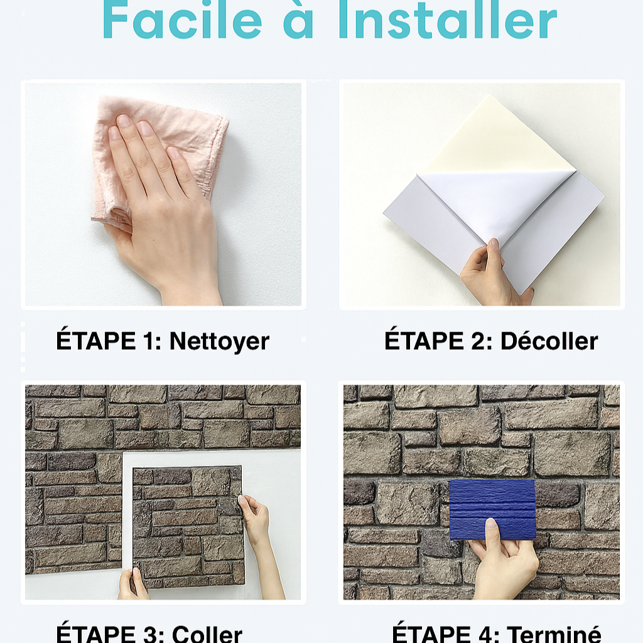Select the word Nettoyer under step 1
coord(219,342)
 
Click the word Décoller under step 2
coord(549,341)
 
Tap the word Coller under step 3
coord(207,634)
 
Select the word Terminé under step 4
coord(554,634)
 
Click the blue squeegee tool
coord(492,509)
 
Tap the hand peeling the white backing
coord(492,275)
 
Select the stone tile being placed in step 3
coord(189,527)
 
